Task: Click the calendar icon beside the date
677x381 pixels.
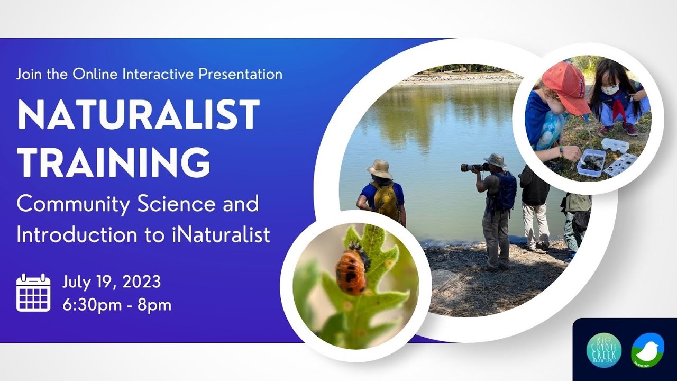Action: tap(33, 293)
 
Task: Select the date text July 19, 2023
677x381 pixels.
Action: tap(112, 282)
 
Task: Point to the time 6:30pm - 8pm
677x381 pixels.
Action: tap(117, 305)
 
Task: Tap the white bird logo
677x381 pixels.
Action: tap(647, 350)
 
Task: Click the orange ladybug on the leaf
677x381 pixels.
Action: tap(351, 271)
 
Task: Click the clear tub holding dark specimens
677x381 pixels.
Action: tap(591, 162)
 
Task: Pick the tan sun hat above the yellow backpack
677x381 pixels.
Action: tap(379, 169)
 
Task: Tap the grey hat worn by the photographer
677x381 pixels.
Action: tap(496, 160)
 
